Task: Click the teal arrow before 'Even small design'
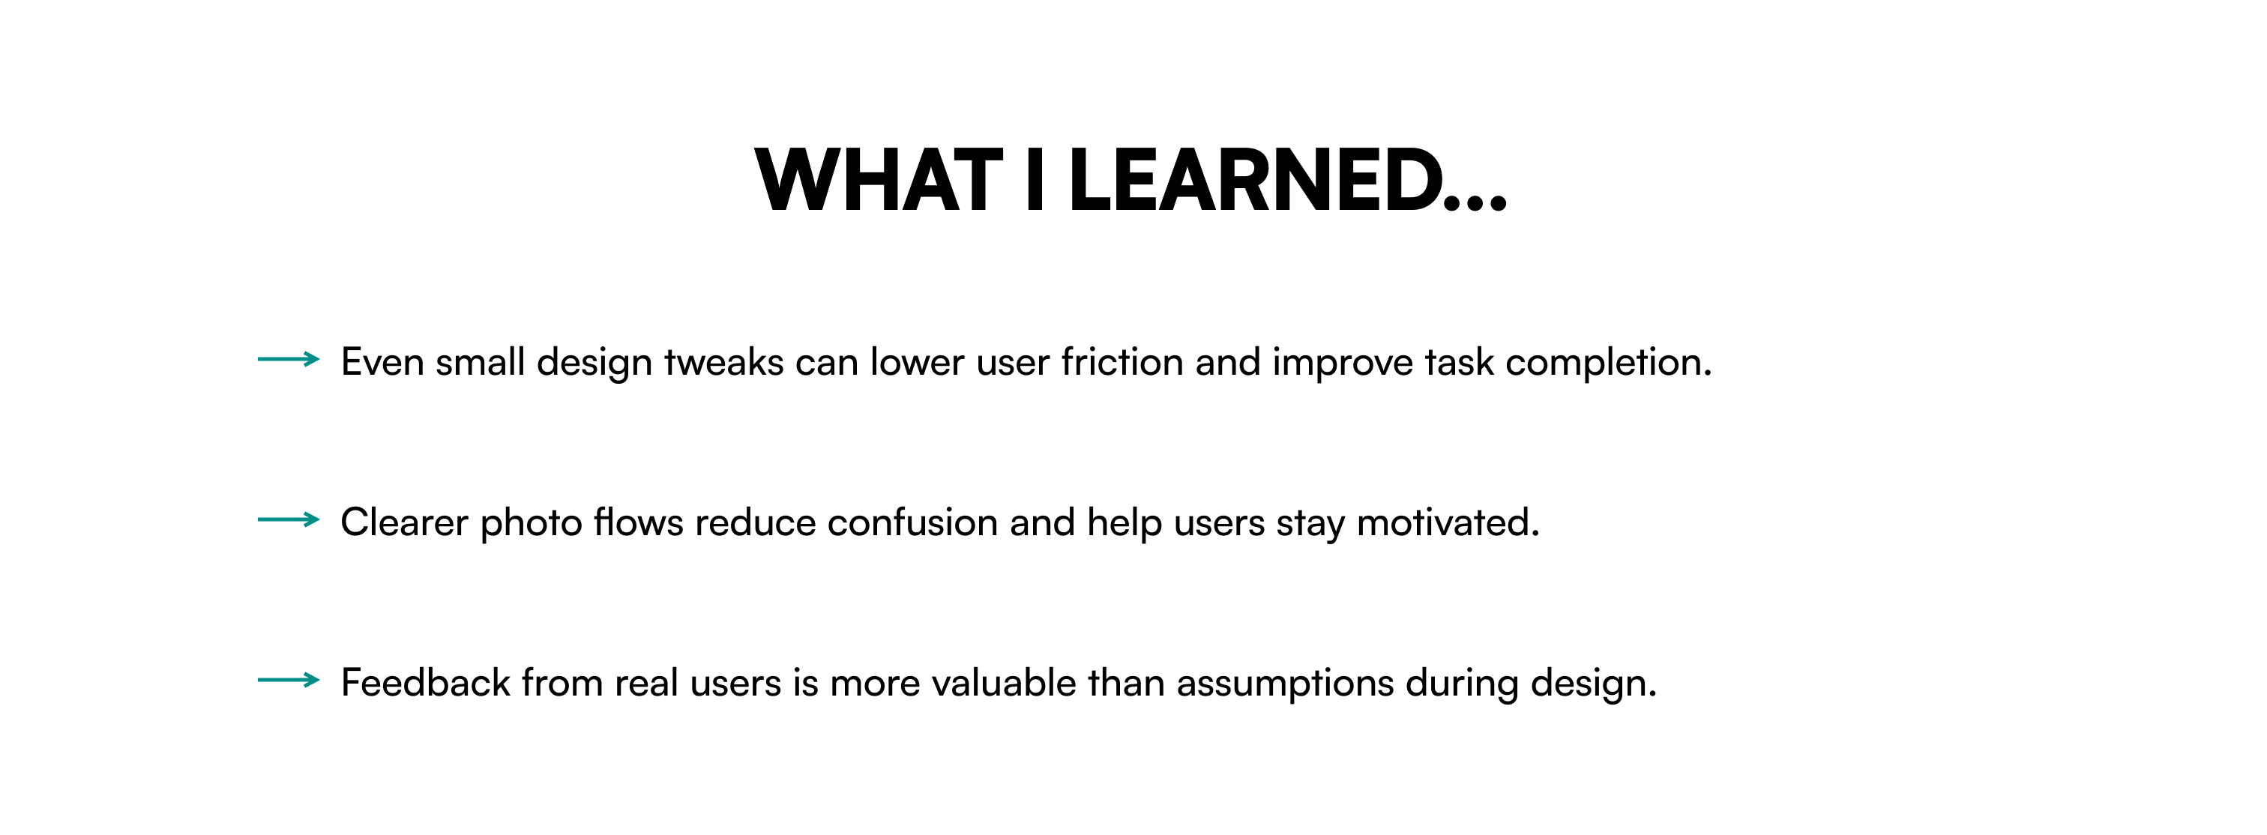click(289, 359)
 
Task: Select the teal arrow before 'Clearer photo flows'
click(289, 520)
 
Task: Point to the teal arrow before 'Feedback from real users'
click(289, 680)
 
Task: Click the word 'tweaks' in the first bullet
click(723, 363)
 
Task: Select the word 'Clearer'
click(404, 522)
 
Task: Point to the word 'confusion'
click(912, 522)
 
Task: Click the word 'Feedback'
click(425, 683)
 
